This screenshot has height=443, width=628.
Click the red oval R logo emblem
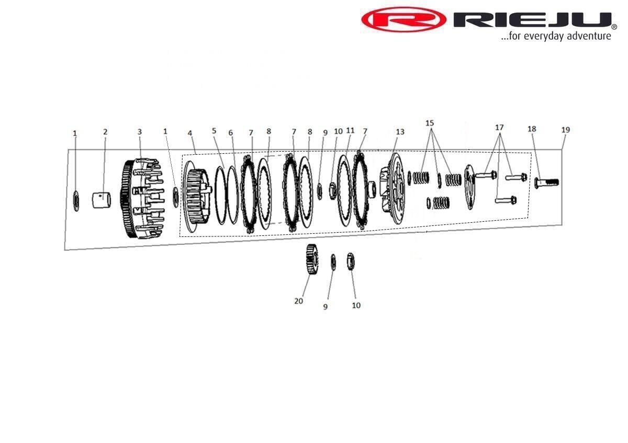tap(403, 20)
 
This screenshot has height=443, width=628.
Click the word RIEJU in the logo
tap(532, 20)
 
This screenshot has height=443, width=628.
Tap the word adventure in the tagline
tap(590, 36)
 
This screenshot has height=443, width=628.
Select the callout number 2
tap(105, 132)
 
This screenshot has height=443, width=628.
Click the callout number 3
tap(140, 132)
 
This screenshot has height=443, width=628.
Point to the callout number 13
tap(400, 132)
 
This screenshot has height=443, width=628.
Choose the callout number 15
tap(430, 123)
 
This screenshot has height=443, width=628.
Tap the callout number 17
tap(499, 128)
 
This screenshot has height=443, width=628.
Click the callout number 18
tap(532, 129)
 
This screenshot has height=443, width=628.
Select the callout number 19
tap(566, 130)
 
